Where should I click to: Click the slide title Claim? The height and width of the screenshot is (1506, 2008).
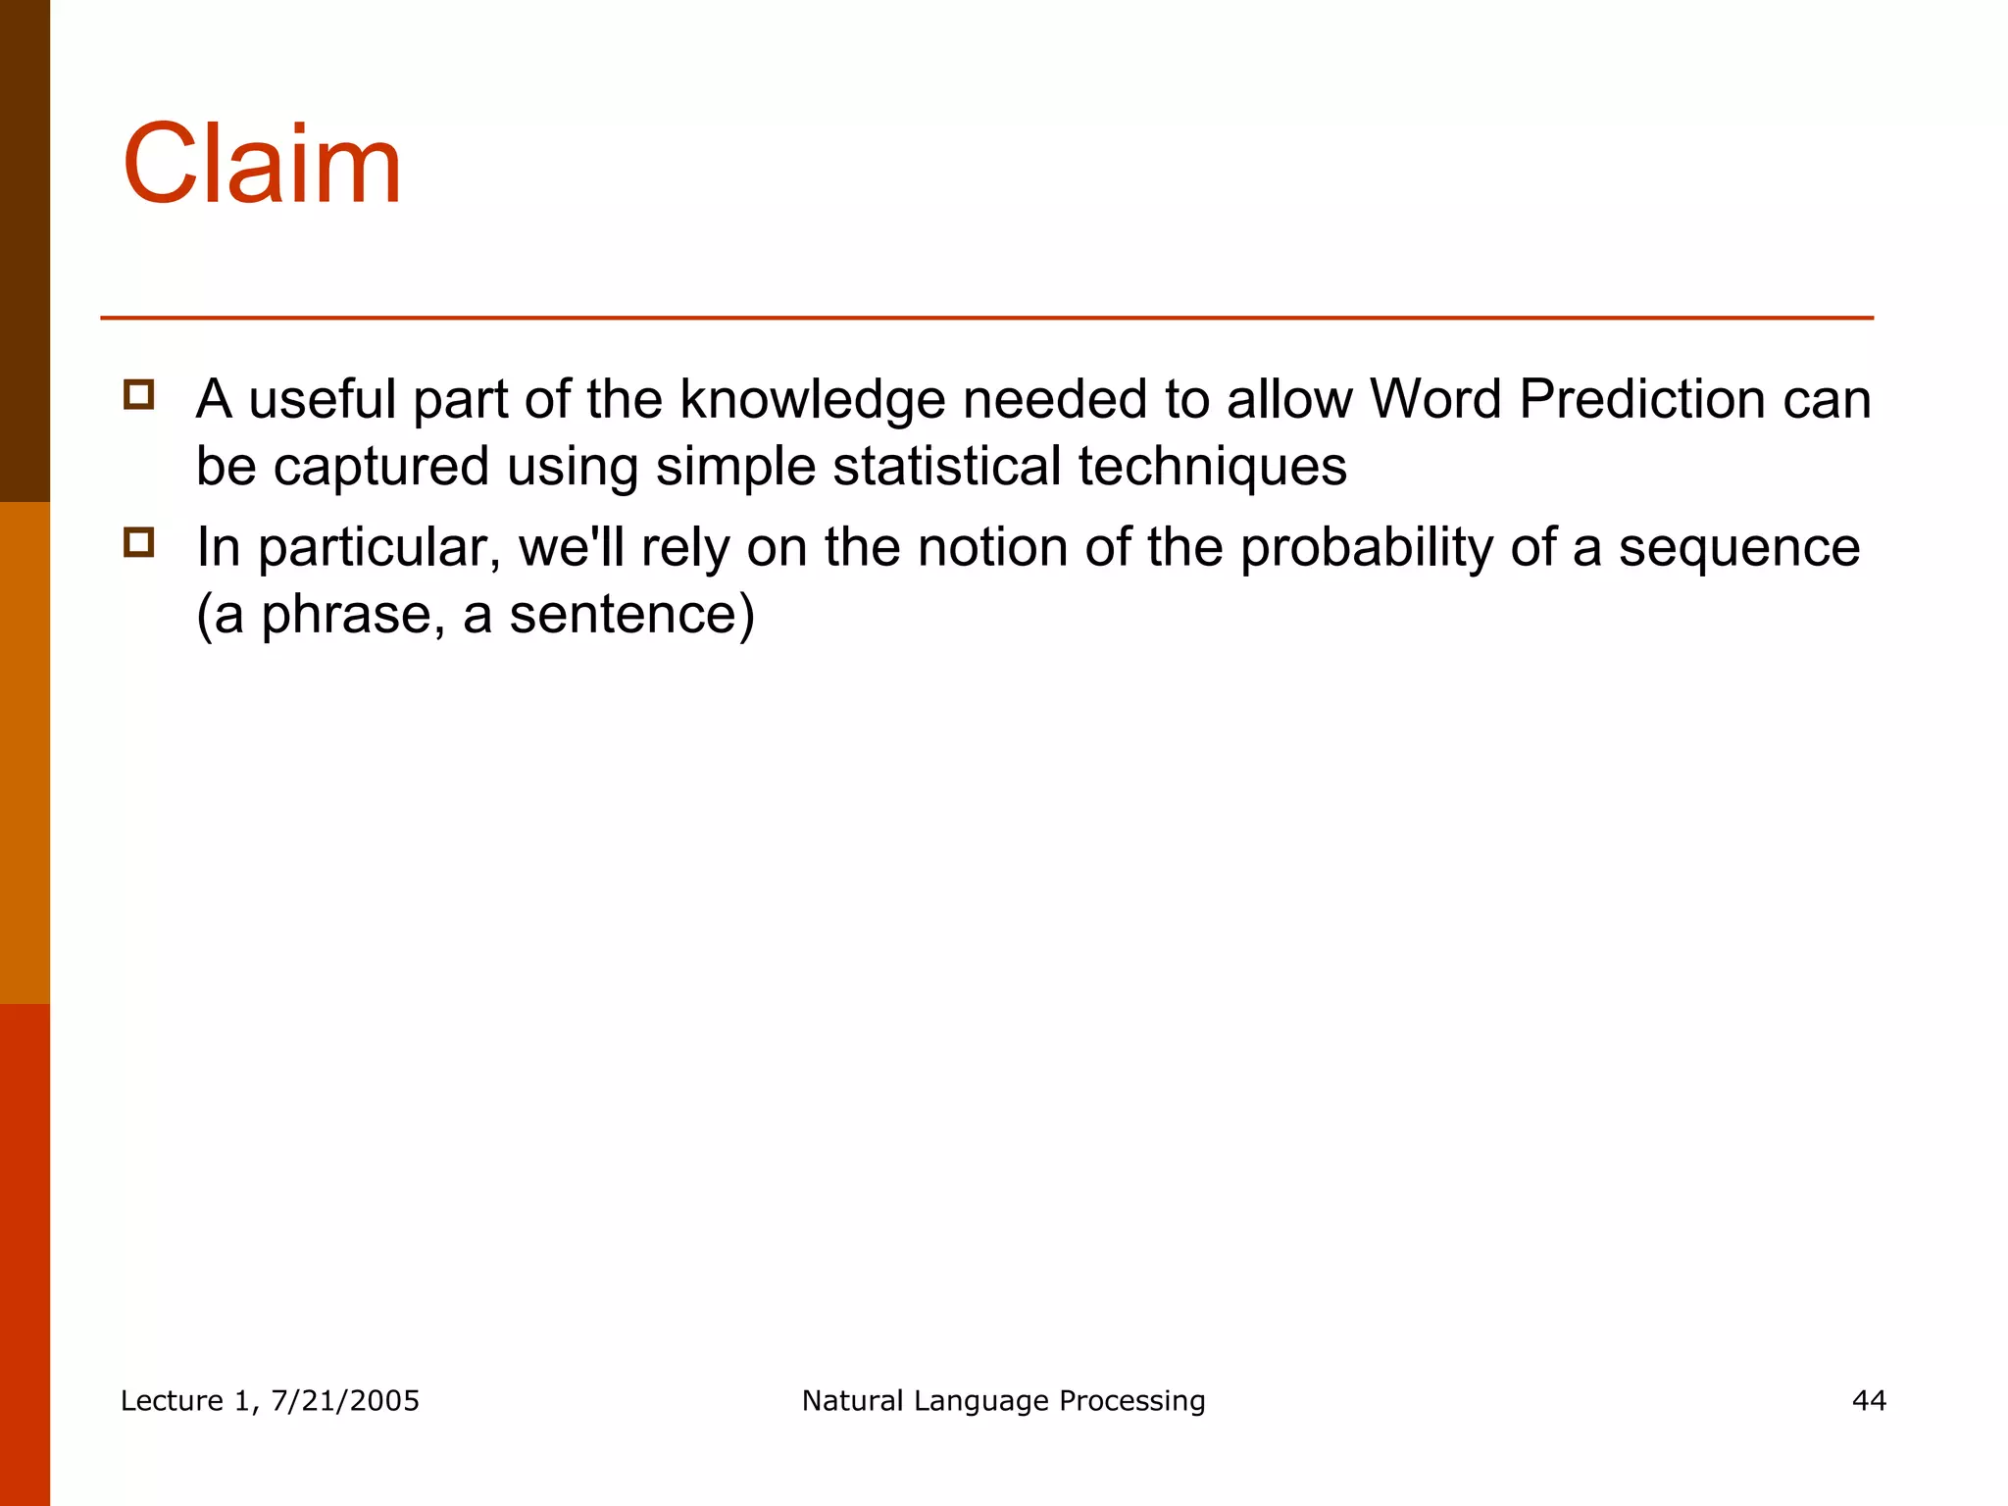(x=262, y=164)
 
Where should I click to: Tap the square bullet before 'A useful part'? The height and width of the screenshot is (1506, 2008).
(x=139, y=395)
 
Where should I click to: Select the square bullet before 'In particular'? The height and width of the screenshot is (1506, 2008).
(x=139, y=542)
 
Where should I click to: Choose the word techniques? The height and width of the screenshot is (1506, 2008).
(x=1213, y=467)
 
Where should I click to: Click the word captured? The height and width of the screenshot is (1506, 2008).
(x=380, y=467)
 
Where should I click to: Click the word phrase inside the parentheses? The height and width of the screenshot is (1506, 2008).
(x=346, y=616)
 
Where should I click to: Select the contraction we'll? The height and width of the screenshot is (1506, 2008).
(x=571, y=547)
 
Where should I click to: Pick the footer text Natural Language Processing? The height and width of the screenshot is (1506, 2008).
(x=1003, y=1401)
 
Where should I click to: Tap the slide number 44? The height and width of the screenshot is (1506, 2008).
(x=1869, y=1401)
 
